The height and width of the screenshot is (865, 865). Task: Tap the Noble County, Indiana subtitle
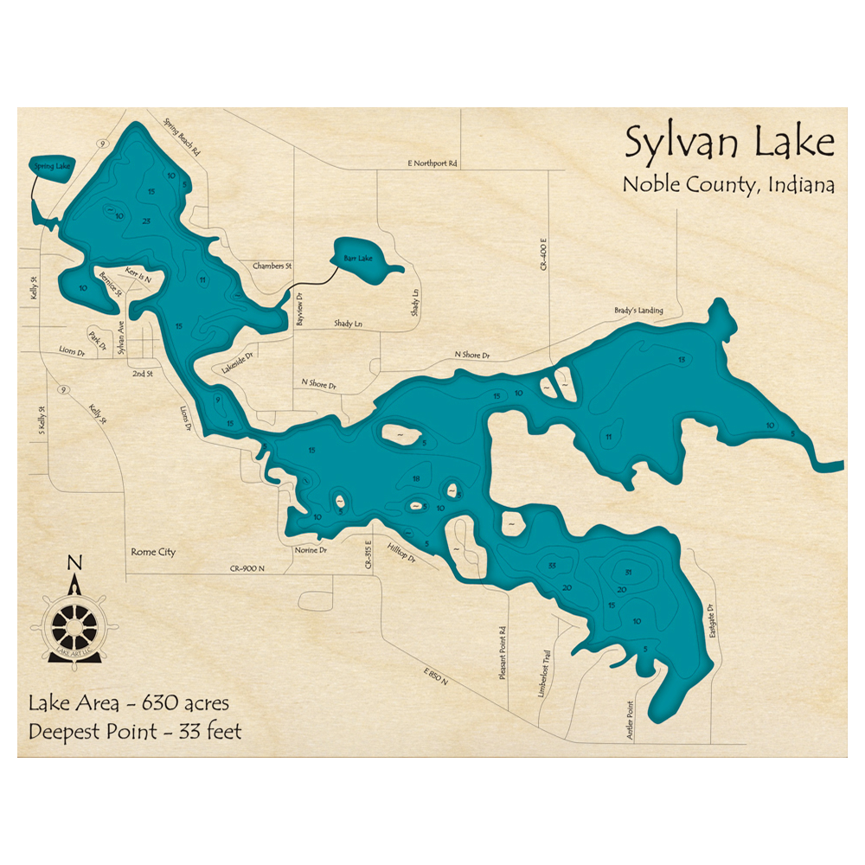coord(728,185)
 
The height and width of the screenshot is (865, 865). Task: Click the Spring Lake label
coord(48,165)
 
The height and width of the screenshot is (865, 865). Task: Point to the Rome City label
coord(153,552)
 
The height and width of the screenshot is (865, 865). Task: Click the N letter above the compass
coord(74,564)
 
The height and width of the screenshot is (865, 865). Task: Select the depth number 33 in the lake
coord(551,566)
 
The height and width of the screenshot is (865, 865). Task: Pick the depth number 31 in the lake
coord(628,573)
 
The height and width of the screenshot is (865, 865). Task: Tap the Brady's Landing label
coord(638,311)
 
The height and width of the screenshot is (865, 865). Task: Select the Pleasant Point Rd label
coord(502,652)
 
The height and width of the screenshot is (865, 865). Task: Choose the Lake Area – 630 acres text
coord(129,702)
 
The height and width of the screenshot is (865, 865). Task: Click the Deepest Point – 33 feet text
coord(135,732)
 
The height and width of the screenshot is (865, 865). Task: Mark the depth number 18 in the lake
coord(416,479)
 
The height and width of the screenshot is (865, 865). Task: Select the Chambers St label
coord(268,266)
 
